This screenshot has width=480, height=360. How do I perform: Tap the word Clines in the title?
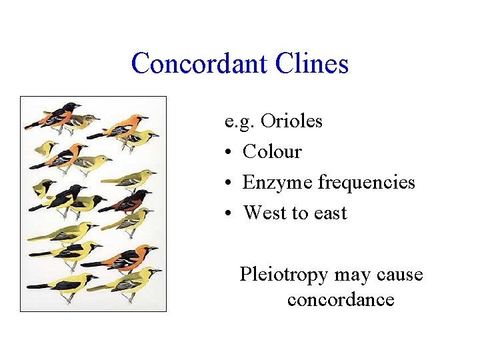[x=315, y=64]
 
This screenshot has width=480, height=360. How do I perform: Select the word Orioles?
[x=291, y=121]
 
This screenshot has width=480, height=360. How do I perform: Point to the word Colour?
[x=272, y=152]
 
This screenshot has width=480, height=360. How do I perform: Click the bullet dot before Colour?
[x=228, y=153]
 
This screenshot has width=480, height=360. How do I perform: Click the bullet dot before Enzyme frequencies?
[x=228, y=183]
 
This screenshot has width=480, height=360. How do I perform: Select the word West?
[x=265, y=213]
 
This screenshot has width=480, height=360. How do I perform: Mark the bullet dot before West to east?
[x=228, y=214]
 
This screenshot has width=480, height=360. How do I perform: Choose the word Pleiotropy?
[x=285, y=275]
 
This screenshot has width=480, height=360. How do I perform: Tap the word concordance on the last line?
[x=341, y=300]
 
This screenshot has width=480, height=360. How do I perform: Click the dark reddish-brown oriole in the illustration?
[x=129, y=200]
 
